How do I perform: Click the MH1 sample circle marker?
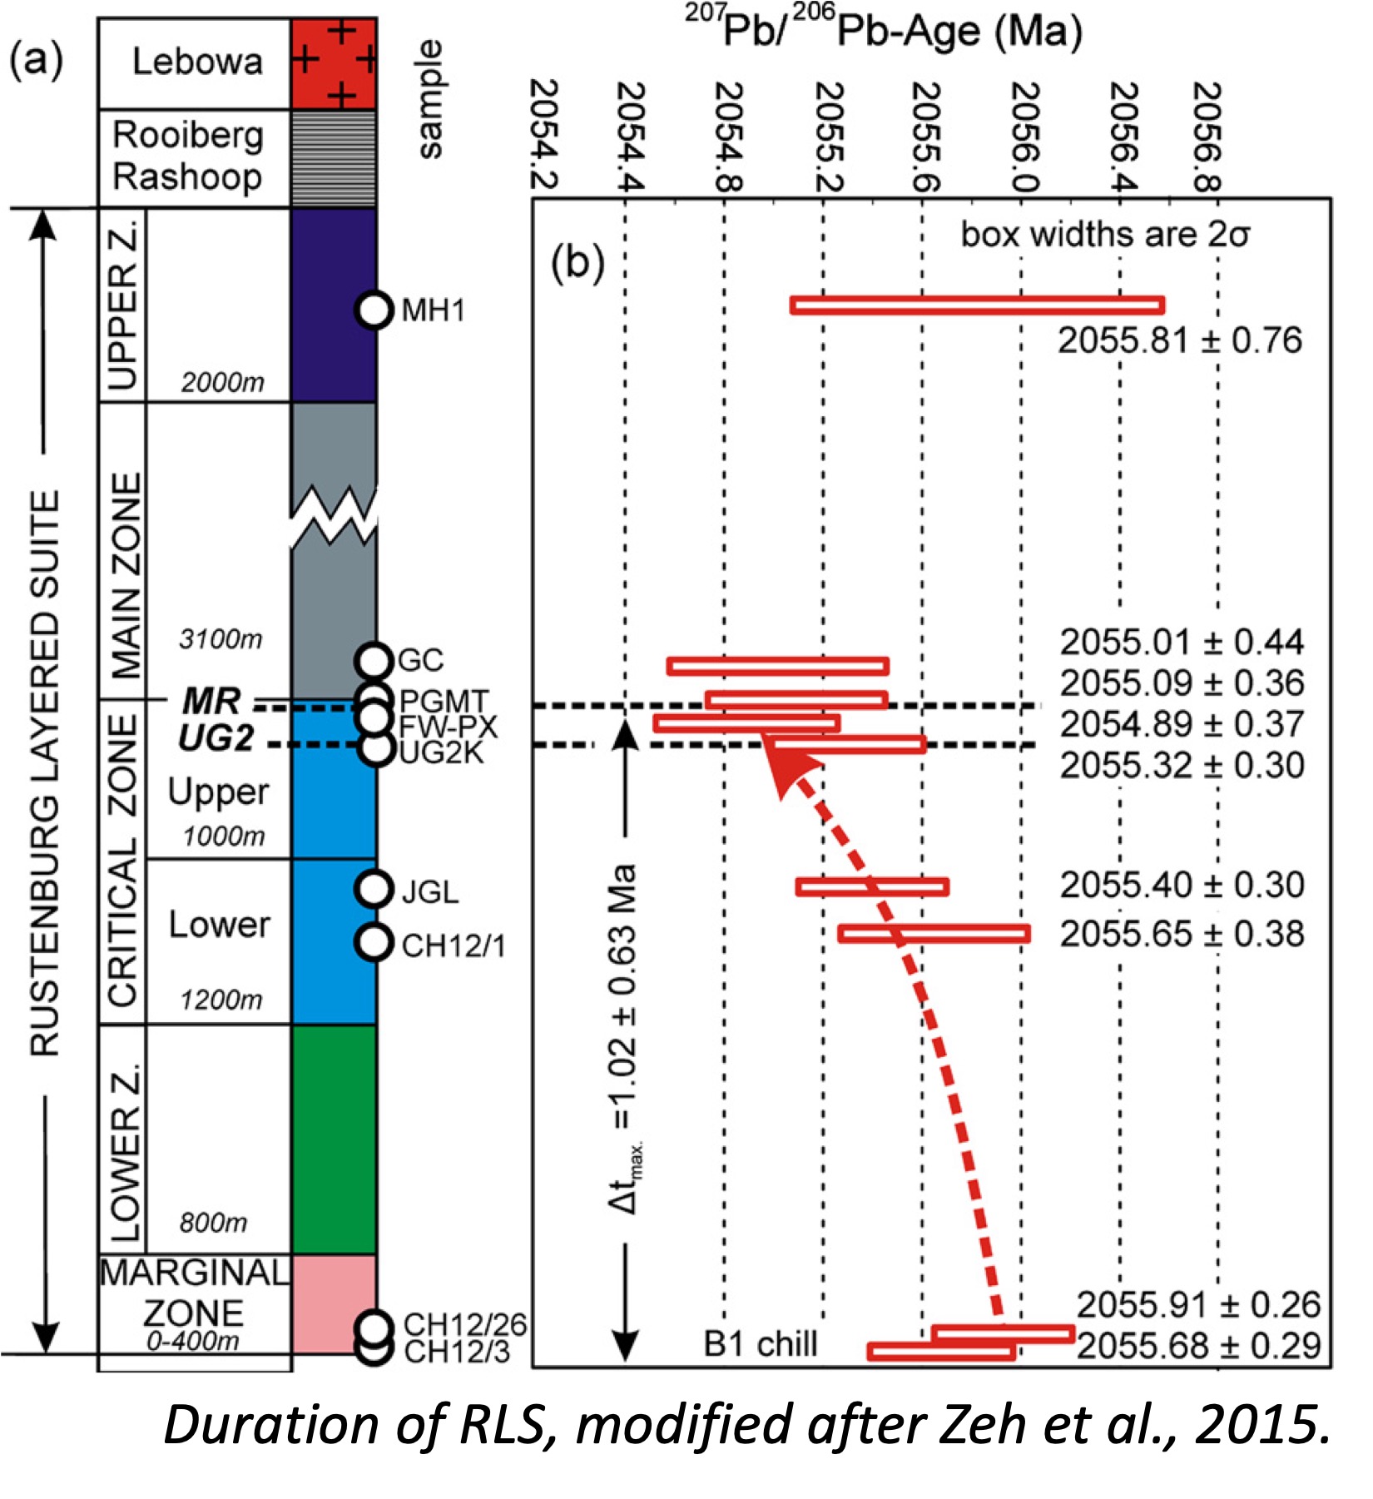coord(374,310)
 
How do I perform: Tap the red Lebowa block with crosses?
coord(334,63)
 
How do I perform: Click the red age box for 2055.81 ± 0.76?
coord(976,305)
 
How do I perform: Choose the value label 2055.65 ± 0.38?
coord(1181,934)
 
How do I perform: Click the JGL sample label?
coord(429,892)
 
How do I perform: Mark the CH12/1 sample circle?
coord(374,942)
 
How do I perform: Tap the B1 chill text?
coord(760,1343)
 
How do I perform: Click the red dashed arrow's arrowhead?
coord(782,766)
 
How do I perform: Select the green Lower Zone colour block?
coord(334,1139)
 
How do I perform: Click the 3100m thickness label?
coord(221,639)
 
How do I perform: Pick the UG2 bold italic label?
coord(216,738)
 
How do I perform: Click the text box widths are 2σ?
coord(1104,236)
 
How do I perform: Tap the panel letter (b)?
coord(577,263)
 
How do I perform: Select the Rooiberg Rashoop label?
coord(188,156)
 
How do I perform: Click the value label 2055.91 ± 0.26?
coord(1197,1305)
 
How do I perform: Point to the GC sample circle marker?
coord(374,661)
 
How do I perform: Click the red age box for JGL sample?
coord(871,886)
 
